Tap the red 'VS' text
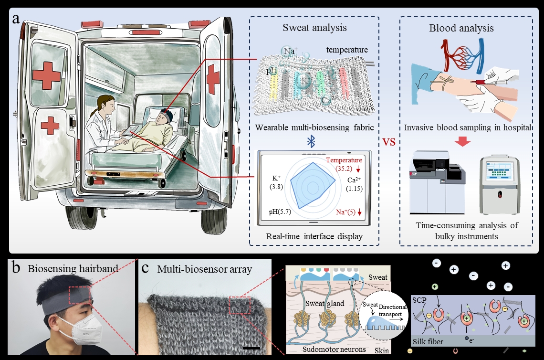pos(389,142)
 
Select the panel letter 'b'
pos(16,268)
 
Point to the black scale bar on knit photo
pos(251,349)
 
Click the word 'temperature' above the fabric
pos(347,49)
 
